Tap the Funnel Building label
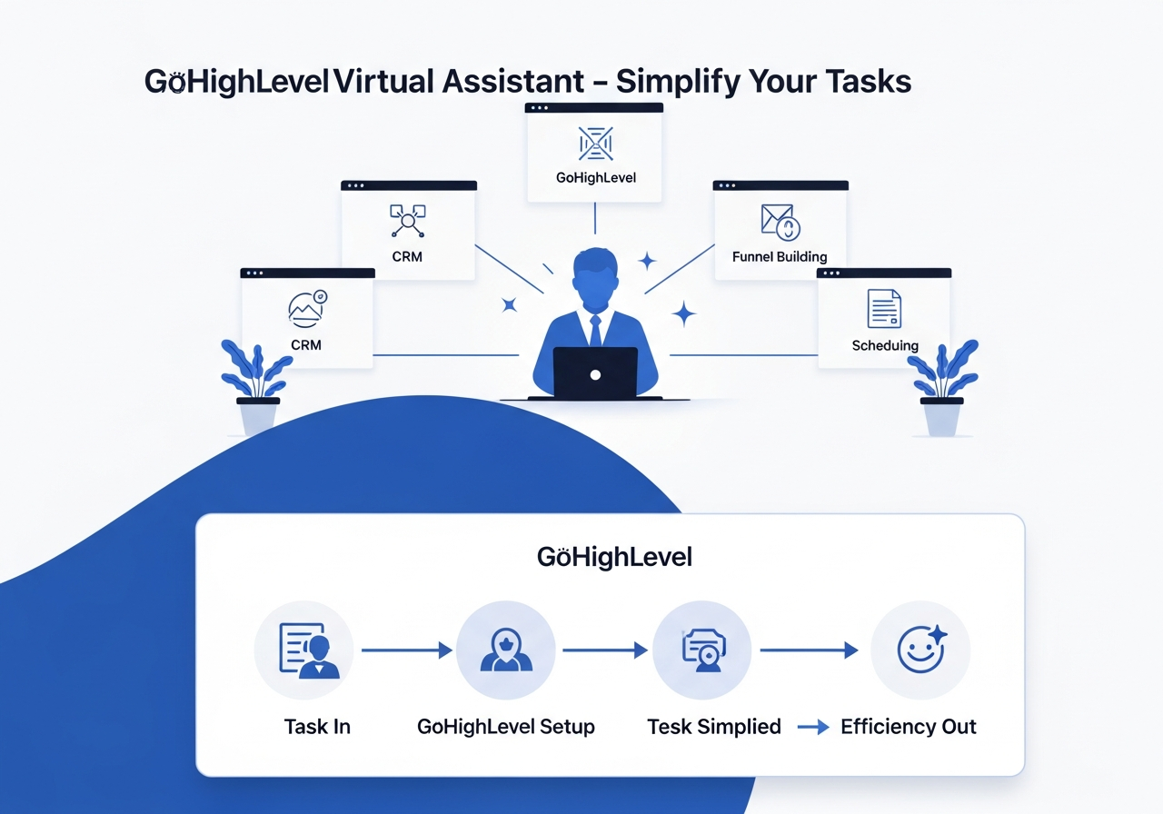pos(780,256)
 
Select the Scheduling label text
pos(885,345)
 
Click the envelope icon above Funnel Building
pos(780,223)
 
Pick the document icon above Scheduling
pos(884,308)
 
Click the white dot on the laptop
pos(595,375)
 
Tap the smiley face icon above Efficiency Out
pos(922,649)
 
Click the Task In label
pos(317,726)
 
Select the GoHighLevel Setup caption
pos(506,727)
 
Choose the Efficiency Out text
pos(909,726)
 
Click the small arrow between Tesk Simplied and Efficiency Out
pos(813,728)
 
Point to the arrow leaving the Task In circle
pos(407,650)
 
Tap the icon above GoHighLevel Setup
pos(506,650)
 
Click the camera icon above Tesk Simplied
pos(703,650)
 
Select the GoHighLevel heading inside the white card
pos(614,557)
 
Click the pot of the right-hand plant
pos(942,417)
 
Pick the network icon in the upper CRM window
pos(408,221)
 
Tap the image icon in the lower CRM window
pos(307,309)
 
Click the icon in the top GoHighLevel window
pos(595,144)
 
